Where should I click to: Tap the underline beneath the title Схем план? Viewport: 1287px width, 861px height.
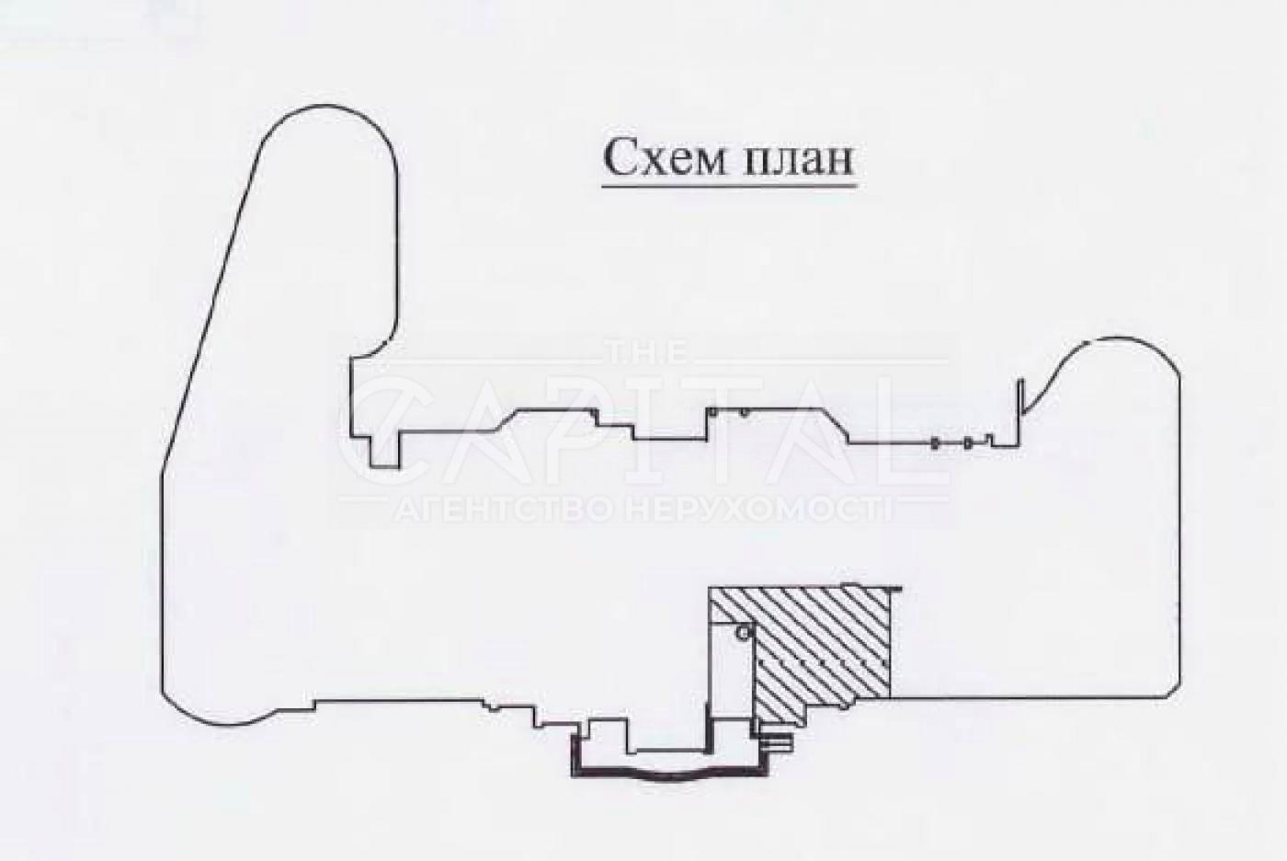point(729,186)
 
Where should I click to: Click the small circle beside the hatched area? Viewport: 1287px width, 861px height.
point(743,634)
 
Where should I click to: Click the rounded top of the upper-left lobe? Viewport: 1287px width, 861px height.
point(327,107)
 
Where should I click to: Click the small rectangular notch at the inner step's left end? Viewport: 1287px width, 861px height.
point(385,450)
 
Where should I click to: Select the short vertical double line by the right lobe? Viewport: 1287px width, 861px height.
point(1019,411)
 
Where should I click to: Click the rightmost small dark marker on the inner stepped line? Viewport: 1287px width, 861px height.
point(969,442)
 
